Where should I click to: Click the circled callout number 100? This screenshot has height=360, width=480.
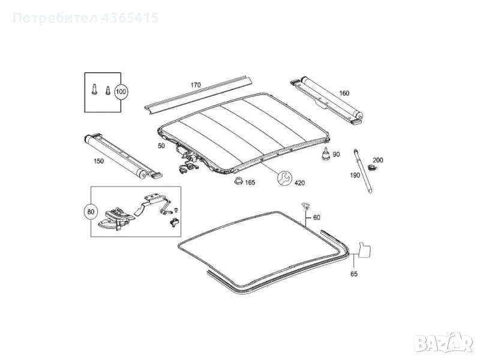tap(121, 92)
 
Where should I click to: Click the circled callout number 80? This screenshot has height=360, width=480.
tap(91, 212)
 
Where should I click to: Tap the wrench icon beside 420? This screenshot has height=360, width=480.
tap(284, 178)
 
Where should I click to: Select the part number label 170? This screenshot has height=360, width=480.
tap(196, 85)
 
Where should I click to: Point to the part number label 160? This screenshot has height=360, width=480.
tap(344, 93)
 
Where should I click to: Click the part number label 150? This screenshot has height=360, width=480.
tap(98, 161)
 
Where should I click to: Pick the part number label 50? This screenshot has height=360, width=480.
tap(161, 146)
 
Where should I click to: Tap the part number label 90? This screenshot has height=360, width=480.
tap(336, 154)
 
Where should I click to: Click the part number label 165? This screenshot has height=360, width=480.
tap(250, 182)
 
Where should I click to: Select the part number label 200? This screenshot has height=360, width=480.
tap(378, 160)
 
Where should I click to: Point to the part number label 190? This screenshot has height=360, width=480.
tap(355, 175)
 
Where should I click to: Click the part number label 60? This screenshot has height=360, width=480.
tap(317, 217)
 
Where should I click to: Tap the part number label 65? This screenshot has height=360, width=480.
tap(354, 274)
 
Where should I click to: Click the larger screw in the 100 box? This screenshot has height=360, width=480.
tap(94, 89)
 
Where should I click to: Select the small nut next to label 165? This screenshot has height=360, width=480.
tap(238, 181)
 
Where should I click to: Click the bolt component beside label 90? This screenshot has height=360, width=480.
tap(325, 154)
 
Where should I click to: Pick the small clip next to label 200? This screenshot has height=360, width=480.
tap(371, 168)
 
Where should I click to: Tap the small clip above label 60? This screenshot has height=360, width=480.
tap(306, 206)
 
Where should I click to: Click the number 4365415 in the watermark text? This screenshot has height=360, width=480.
tap(130, 18)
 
